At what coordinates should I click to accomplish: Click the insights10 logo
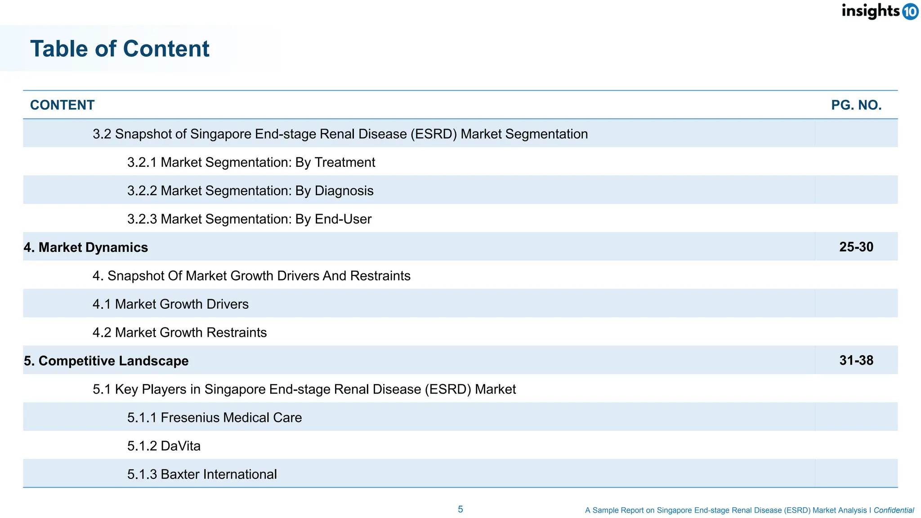[880, 11]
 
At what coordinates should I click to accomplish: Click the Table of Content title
[120, 49]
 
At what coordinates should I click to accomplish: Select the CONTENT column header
[62, 105]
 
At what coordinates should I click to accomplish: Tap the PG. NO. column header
[856, 105]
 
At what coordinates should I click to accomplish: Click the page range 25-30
[856, 247]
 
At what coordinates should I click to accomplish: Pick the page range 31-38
[856, 360]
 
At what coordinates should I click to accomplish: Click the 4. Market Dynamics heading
[86, 247]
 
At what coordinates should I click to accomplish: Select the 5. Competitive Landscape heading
[106, 361]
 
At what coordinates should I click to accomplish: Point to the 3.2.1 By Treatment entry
[251, 162]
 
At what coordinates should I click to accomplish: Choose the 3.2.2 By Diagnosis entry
[250, 191]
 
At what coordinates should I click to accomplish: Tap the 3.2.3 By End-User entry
[249, 219]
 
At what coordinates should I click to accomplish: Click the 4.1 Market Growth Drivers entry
[170, 304]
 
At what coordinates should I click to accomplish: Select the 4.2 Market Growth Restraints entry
[179, 332]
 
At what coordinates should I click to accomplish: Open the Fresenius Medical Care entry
[214, 417]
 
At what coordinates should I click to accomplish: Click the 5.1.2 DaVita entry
[164, 446]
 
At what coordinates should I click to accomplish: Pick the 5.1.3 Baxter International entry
[202, 474]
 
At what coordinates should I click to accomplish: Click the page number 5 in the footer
[460, 509]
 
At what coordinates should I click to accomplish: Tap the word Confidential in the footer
[893, 510]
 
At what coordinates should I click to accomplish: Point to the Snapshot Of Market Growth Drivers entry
[251, 276]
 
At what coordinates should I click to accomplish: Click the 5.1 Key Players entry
[304, 389]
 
